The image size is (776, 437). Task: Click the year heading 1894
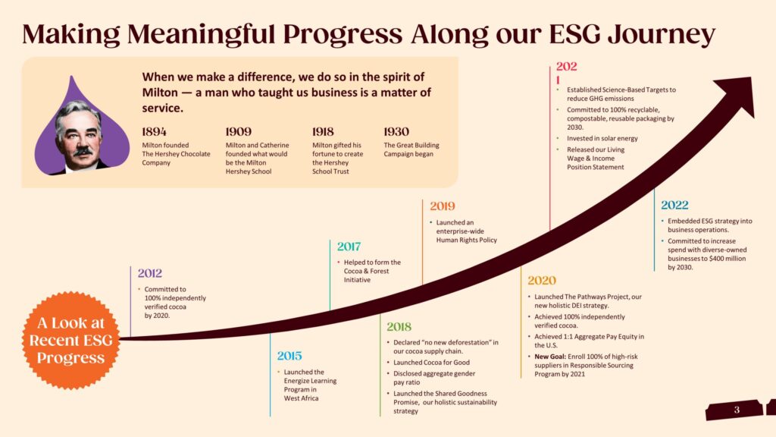click(154, 132)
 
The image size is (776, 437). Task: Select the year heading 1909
click(239, 132)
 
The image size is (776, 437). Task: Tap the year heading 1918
click(323, 132)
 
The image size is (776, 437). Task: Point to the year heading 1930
click(396, 132)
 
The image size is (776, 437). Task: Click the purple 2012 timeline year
click(150, 273)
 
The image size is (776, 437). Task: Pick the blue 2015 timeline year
click(289, 356)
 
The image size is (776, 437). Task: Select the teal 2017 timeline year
click(349, 247)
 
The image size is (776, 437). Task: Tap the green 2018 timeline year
click(399, 326)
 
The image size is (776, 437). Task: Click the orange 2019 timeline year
click(443, 206)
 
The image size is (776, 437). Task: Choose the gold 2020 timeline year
click(542, 281)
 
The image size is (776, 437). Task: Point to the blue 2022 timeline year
click(674, 205)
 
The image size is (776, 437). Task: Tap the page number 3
click(737, 410)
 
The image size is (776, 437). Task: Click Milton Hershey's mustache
click(82, 151)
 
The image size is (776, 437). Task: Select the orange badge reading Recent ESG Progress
click(70, 341)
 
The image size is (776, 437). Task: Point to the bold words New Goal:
click(550, 357)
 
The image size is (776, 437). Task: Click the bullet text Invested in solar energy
click(602, 139)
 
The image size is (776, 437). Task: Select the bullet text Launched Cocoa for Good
click(431, 363)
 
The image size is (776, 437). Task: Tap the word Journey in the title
click(661, 35)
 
